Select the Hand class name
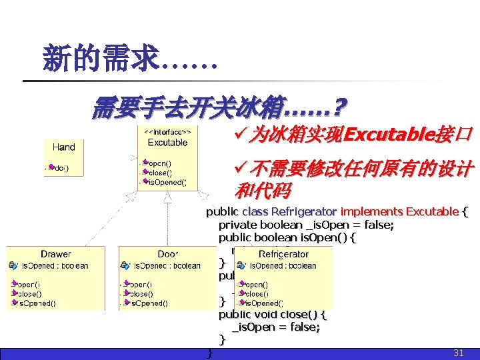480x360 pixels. [x=64, y=147]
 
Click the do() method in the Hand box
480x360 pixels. [x=60, y=167]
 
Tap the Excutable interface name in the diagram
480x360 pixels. [x=167, y=143]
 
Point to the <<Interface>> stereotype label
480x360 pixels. [x=167, y=132]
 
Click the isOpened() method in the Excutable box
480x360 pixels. [x=167, y=181]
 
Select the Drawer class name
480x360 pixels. [x=56, y=254]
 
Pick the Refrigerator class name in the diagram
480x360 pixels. [x=283, y=254]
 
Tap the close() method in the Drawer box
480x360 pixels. [x=29, y=293]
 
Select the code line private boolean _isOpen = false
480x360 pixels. [x=306, y=225]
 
